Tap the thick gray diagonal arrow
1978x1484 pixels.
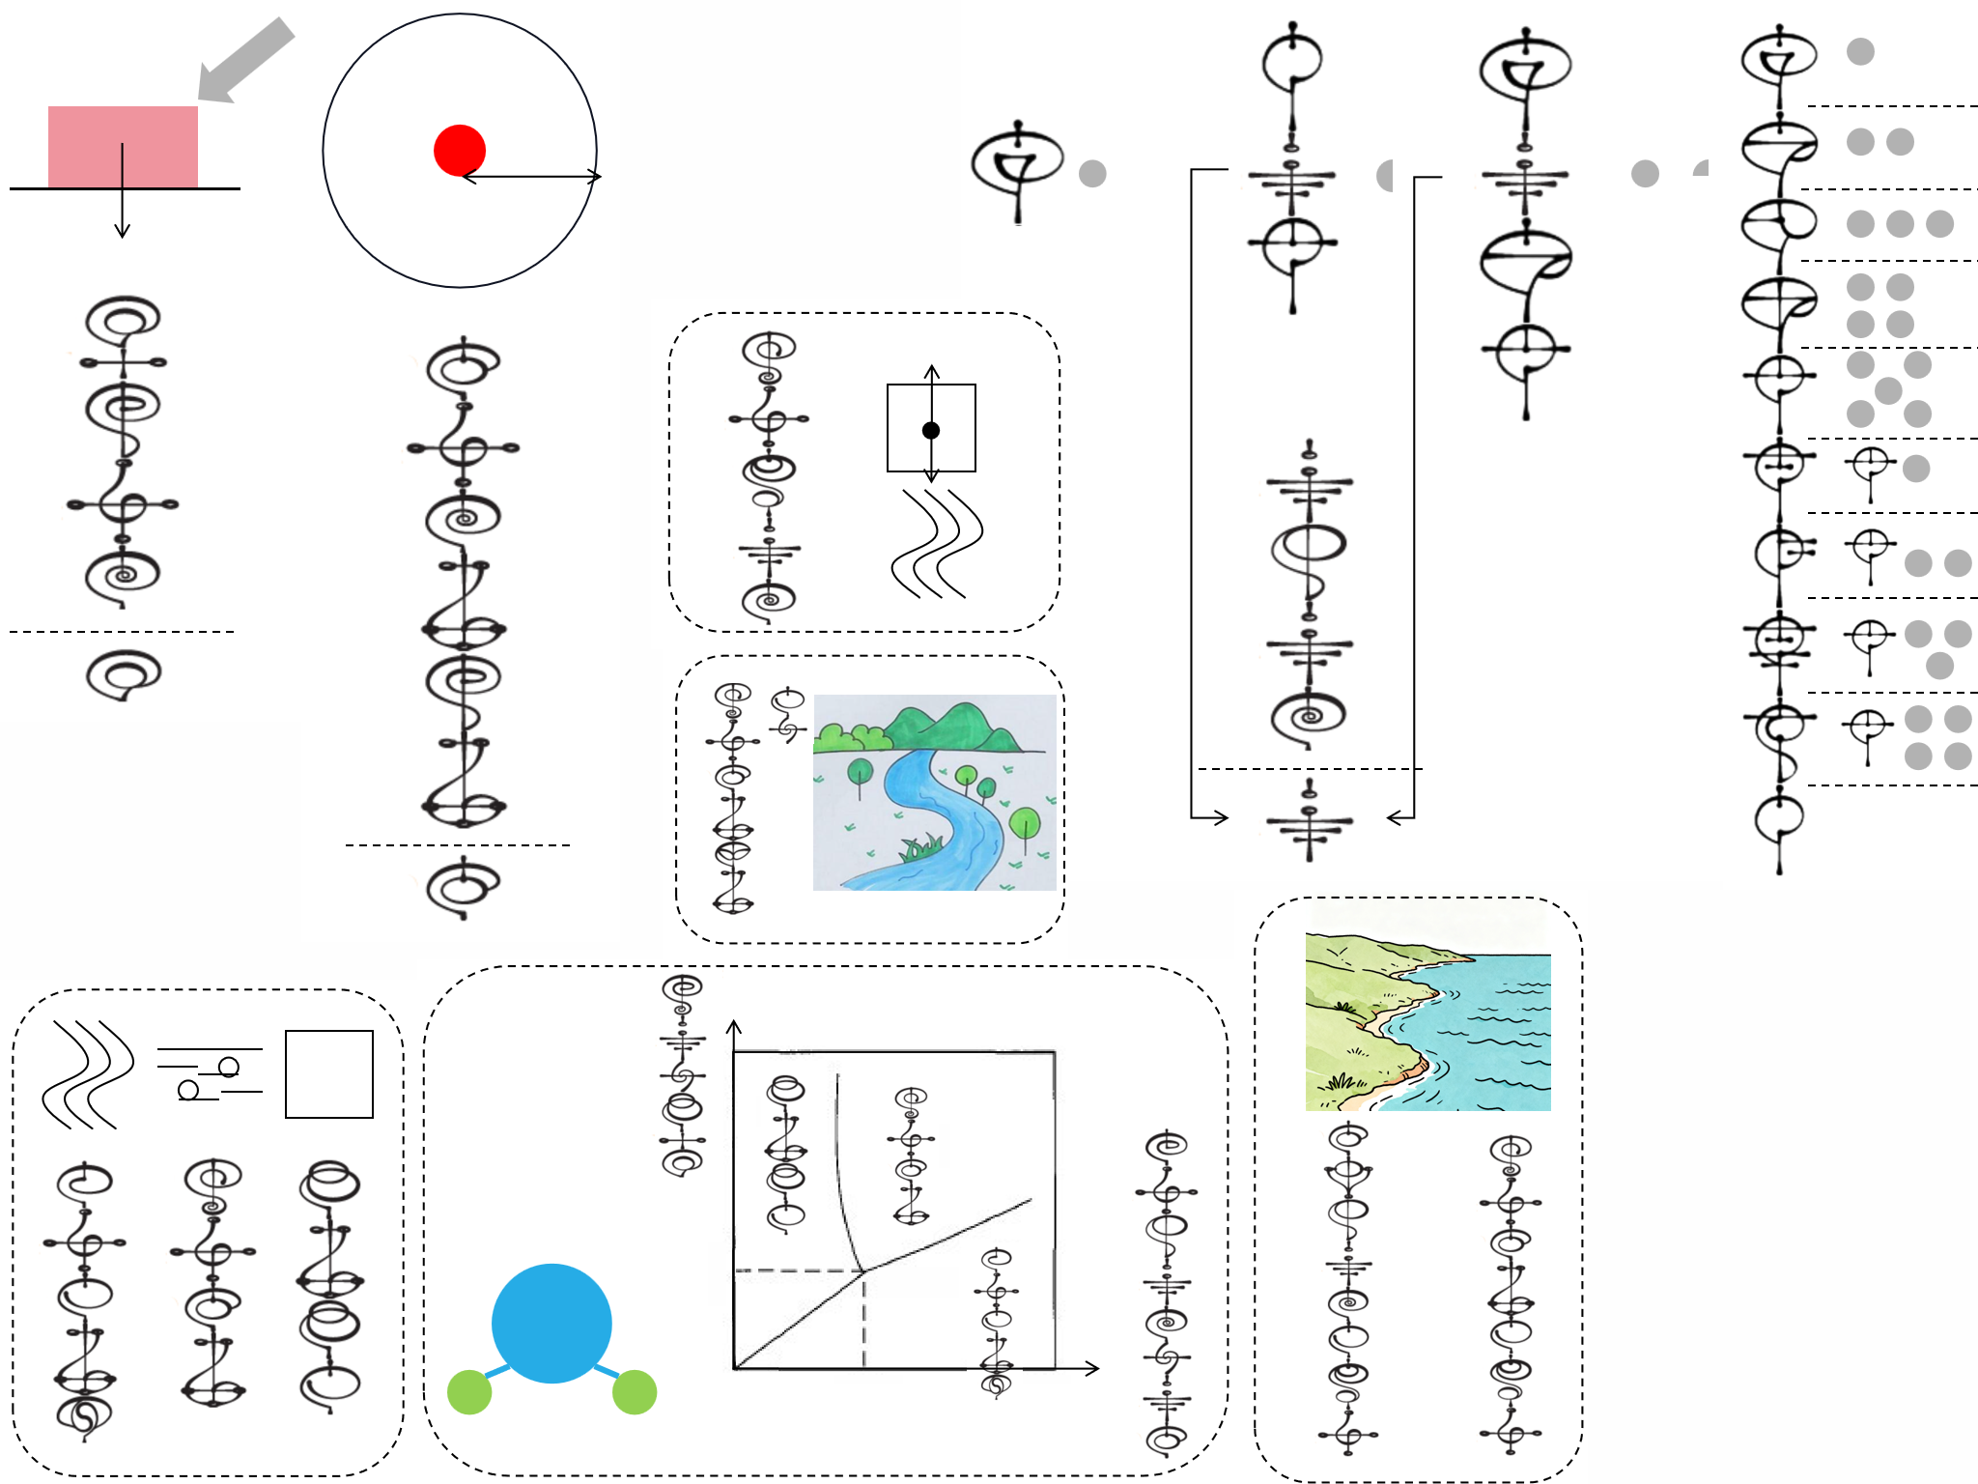pyautogui.click(x=245, y=60)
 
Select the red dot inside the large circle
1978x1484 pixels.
pyautogui.click(x=460, y=151)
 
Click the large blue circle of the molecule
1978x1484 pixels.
pyautogui.click(x=551, y=1323)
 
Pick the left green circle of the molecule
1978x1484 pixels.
pyautogui.click(x=470, y=1392)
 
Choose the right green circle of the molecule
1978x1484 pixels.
pyautogui.click(x=635, y=1392)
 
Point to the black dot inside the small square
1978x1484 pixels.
pyautogui.click(x=931, y=430)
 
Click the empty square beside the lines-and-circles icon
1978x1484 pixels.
pyautogui.click(x=329, y=1074)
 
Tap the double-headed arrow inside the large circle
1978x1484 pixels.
pyautogui.click(x=531, y=177)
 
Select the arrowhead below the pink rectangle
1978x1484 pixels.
pyautogui.click(x=122, y=231)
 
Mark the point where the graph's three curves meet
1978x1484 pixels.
pyautogui.click(x=863, y=1270)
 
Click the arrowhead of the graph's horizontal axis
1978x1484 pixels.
pyautogui.click(x=1093, y=1368)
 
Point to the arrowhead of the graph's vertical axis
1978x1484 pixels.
pyautogui.click(x=734, y=1026)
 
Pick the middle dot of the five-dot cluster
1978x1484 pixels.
pyautogui.click(x=1888, y=390)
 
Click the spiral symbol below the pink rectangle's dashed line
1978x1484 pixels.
pyautogui.click(x=123, y=673)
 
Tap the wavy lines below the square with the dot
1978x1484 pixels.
pyautogui.click(x=936, y=544)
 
